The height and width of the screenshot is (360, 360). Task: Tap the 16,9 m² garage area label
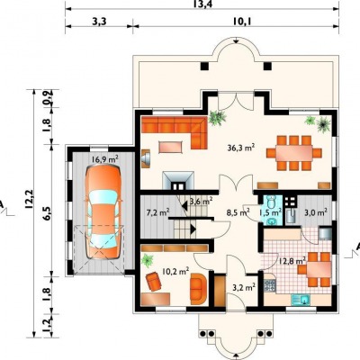104,159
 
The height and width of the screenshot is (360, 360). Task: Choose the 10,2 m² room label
175,272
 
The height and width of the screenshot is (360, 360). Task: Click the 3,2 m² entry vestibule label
244,287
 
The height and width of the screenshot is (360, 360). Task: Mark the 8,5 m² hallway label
238,212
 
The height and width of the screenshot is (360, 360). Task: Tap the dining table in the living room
294,153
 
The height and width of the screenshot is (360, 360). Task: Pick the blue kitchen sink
300,299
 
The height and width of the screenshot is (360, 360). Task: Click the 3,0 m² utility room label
316,212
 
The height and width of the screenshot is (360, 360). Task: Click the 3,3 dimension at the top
100,22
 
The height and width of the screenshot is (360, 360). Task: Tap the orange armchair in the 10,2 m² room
154,281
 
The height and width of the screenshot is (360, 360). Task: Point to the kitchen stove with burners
270,285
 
